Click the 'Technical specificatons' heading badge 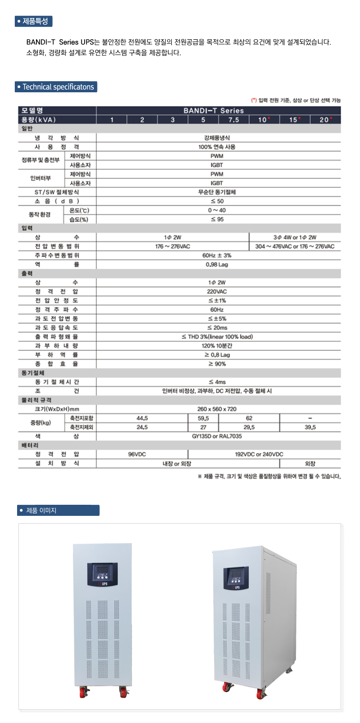click(x=56, y=87)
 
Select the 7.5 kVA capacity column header click(x=234, y=120)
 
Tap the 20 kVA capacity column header click(x=325, y=120)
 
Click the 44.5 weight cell click(x=142, y=418)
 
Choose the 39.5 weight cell click(x=310, y=427)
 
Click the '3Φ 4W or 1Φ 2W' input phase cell click(x=294, y=237)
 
